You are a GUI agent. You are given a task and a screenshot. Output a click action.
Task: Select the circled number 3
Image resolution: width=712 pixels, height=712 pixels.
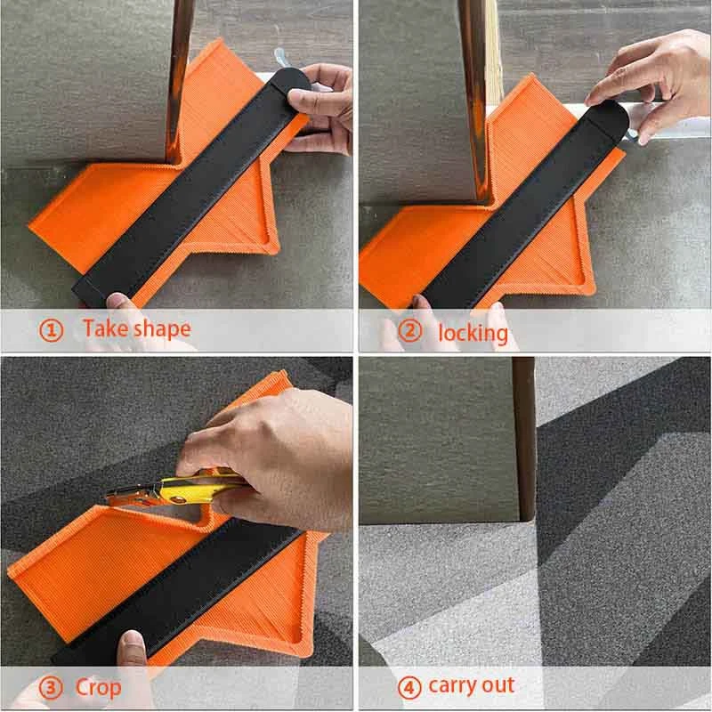52,687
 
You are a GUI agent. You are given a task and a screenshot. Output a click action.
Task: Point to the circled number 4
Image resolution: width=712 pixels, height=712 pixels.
409,687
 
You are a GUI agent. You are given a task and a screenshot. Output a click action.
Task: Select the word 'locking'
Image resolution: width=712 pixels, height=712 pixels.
473,333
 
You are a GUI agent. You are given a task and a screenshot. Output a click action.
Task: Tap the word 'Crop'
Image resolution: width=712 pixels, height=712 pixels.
98,688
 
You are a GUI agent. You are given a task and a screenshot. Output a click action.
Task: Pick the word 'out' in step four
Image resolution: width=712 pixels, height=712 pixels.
499,685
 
